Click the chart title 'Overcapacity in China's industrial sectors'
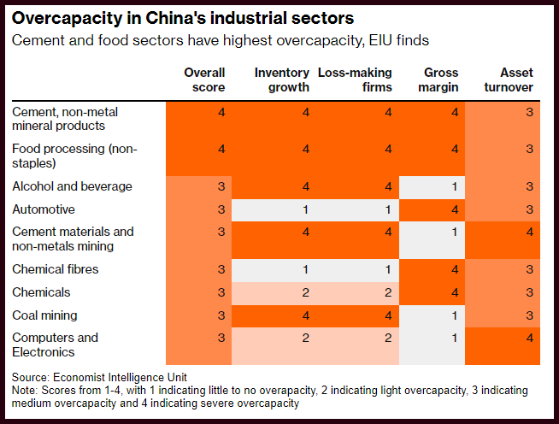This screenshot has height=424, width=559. click(183, 19)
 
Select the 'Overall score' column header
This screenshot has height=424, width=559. click(204, 79)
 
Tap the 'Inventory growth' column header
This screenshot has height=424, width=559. click(282, 79)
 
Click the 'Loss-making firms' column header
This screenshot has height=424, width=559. click(355, 79)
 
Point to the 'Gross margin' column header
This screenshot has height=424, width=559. click(438, 79)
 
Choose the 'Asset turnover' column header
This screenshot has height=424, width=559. click(509, 79)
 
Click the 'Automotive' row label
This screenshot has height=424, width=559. click(44, 209)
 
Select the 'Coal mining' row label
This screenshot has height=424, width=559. click(44, 315)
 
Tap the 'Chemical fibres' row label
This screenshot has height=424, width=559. click(56, 269)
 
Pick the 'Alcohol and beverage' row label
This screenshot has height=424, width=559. click(72, 186)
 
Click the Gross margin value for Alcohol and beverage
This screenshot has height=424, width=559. click(454, 186)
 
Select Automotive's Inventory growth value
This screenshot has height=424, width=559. click(305, 209)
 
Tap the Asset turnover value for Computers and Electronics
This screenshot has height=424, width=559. click(530, 338)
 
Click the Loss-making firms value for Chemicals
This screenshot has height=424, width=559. click(388, 292)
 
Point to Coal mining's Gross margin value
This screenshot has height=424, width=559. click(454, 315)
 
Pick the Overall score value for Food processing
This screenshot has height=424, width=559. click(221, 149)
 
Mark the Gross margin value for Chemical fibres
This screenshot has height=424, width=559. click(455, 269)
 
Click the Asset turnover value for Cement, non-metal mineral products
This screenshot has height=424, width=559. click(530, 112)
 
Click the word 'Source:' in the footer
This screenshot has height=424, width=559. click(31, 377)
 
